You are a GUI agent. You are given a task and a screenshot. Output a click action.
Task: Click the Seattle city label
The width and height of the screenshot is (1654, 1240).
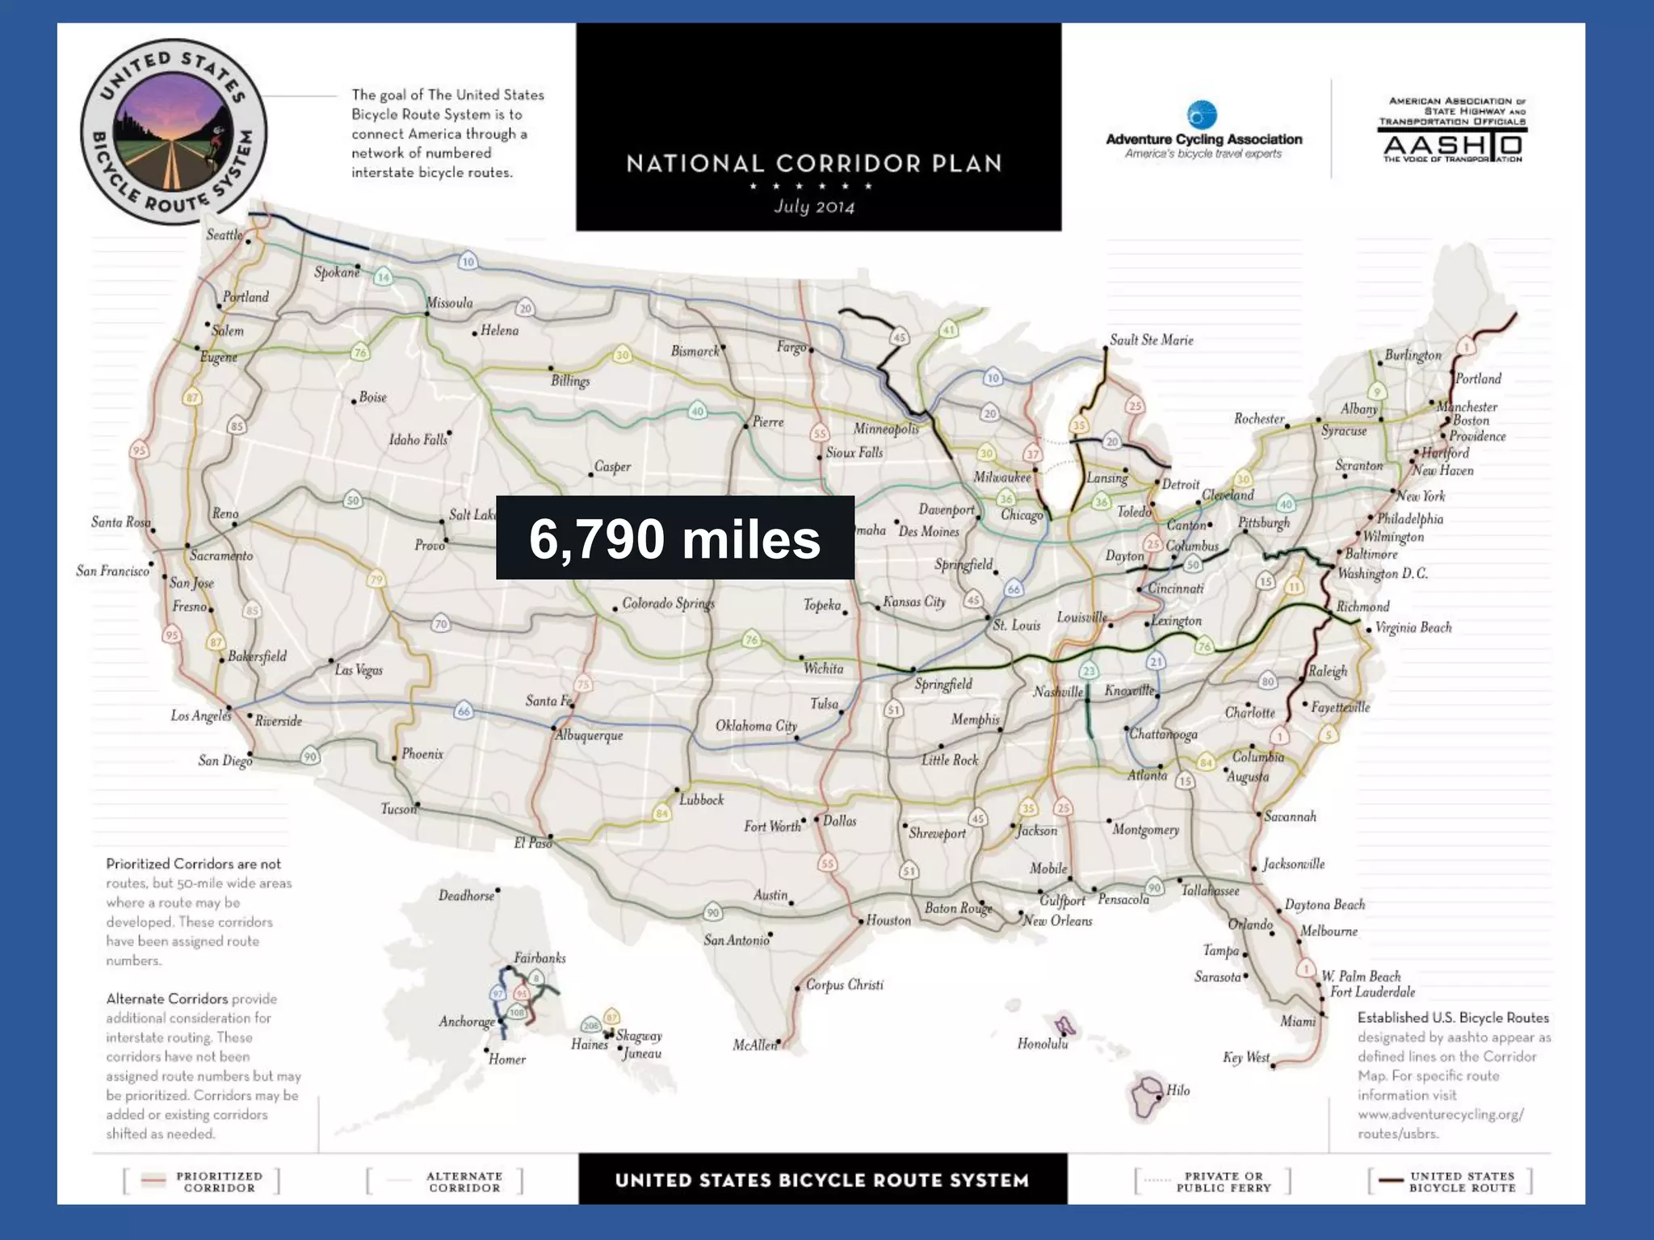coord(224,235)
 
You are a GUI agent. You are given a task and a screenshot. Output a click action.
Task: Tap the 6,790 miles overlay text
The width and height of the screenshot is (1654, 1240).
coord(674,539)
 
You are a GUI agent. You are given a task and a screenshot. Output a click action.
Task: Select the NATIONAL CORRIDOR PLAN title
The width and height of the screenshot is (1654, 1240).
coord(814,164)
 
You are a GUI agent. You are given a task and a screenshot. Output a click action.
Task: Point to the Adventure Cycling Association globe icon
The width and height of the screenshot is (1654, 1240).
coord(1202,115)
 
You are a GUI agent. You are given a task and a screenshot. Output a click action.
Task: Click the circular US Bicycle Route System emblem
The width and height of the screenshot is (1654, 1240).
coord(174,132)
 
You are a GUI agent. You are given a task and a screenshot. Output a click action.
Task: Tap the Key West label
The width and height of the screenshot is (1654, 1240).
coord(1246,1058)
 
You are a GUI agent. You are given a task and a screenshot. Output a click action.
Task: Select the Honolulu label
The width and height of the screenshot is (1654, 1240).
coord(1042,1044)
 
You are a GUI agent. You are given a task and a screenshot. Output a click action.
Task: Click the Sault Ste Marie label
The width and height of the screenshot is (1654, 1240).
coord(1151,340)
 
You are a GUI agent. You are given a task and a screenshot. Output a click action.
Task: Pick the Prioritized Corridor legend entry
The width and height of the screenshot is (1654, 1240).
coord(202,1181)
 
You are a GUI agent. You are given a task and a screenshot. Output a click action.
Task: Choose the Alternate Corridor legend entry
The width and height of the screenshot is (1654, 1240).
coord(446,1181)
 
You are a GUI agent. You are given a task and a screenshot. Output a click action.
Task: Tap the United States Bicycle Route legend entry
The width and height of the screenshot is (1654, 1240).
coord(1450,1181)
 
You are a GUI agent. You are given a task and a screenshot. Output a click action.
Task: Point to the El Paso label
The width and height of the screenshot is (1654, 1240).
coord(533,843)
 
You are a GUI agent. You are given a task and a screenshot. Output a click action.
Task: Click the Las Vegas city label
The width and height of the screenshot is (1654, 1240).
coord(359,670)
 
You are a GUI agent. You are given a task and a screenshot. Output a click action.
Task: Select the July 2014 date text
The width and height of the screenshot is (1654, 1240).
coord(814,207)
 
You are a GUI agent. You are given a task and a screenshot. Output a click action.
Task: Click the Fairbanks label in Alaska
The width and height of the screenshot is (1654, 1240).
coord(539,958)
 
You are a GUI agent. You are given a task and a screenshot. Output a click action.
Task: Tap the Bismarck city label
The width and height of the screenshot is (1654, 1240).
coord(695,351)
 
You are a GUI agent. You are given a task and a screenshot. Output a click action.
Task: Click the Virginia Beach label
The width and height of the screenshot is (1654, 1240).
coord(1413,627)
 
